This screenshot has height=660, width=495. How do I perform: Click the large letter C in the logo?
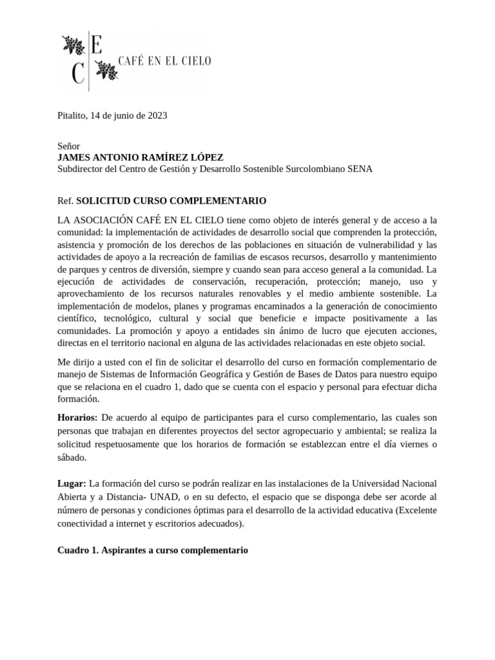tap(78, 74)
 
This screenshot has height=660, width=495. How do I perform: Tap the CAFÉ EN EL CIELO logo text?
tap(166, 61)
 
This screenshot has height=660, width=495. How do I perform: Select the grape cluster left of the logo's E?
tap(72, 45)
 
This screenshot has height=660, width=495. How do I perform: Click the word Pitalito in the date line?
tap(72, 115)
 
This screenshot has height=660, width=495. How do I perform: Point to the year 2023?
tap(157, 115)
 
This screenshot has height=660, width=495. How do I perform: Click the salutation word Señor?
tap(69, 146)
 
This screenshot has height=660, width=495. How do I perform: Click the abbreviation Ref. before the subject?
tap(65, 200)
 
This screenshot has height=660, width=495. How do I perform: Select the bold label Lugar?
tap(72, 483)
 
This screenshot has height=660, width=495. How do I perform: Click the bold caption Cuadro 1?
tap(77, 551)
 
